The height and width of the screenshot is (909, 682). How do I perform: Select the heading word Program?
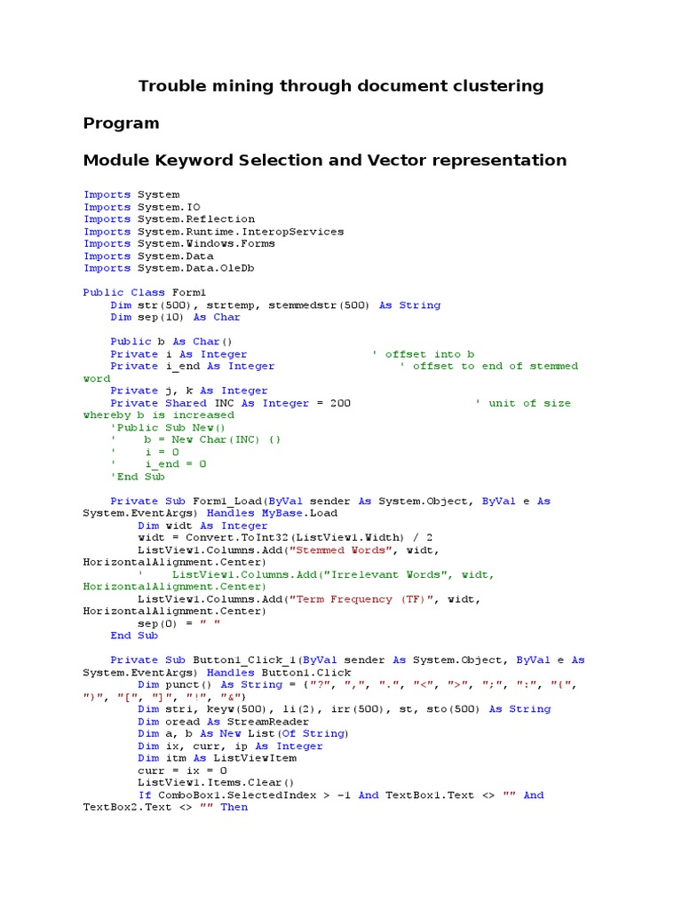122,123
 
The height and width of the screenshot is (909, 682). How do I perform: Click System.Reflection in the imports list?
195,219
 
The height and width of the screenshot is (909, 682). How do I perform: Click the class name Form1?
189,292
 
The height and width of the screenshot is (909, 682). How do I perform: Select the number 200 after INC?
340,403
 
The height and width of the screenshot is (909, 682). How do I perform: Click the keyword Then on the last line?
234,807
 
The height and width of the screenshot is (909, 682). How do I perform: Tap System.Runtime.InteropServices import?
240,232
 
